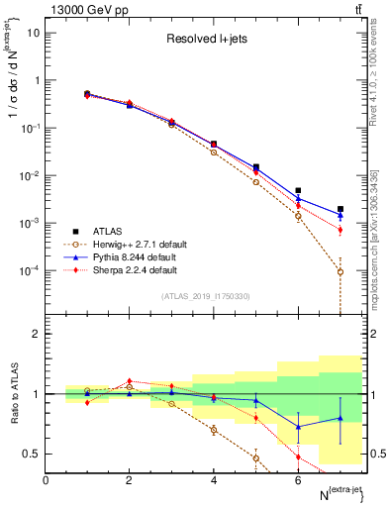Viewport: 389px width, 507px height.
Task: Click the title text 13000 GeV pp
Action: [x=81, y=10]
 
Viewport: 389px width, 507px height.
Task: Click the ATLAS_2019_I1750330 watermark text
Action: [x=205, y=296]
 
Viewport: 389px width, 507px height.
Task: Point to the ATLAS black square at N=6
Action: [x=298, y=190]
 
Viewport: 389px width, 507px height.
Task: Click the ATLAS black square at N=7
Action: [x=340, y=209]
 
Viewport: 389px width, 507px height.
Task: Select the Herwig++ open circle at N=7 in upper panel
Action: [x=340, y=271]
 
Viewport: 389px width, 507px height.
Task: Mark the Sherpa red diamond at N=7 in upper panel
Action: [x=340, y=230]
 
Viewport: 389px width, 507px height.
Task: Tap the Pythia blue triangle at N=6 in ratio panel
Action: [x=298, y=427]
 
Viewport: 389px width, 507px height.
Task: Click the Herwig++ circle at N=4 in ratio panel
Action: [x=214, y=430]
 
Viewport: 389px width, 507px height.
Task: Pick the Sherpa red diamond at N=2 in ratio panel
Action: [x=129, y=381]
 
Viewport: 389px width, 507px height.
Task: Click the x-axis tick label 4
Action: [x=214, y=480]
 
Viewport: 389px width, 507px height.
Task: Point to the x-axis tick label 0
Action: [x=46, y=480]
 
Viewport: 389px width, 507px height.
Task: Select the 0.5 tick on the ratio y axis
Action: [x=32, y=454]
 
